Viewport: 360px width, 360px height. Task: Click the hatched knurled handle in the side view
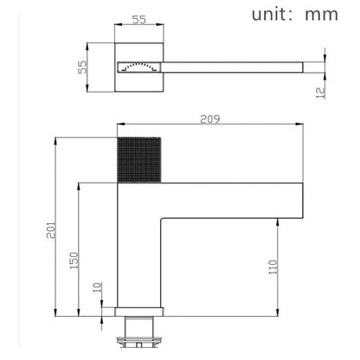tap(134, 157)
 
